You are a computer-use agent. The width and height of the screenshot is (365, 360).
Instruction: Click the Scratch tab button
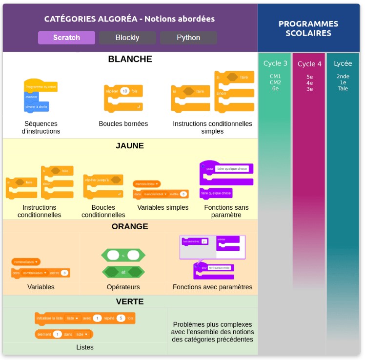coord(66,38)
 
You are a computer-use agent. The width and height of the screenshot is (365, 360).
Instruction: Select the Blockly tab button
coord(127,38)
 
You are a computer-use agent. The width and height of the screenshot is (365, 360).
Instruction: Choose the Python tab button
coord(188,38)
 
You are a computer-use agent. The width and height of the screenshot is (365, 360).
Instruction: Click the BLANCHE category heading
coord(130,59)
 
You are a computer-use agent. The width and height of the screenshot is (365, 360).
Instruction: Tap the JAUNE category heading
coord(130,145)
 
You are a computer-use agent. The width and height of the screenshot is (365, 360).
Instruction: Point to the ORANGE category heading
coord(130,226)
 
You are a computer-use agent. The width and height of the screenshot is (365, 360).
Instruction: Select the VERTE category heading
coord(130,301)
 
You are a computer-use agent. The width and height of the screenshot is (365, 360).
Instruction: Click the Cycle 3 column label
coord(275,63)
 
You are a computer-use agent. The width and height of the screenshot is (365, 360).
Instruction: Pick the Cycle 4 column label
coord(309,64)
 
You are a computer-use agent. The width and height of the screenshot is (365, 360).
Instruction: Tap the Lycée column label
coord(343,63)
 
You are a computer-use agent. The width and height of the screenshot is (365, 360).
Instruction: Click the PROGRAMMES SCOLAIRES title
coord(308,28)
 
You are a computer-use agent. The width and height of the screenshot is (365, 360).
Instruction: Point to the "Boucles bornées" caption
coord(123,124)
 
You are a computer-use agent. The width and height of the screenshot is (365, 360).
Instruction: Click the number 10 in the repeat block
coord(125,91)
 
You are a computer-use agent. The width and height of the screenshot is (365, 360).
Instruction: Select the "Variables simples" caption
coord(162,207)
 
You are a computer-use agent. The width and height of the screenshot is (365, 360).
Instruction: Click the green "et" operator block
coord(123,272)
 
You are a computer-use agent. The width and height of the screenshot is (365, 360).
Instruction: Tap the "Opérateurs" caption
coord(123,287)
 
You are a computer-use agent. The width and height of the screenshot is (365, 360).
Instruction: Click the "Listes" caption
coord(85,347)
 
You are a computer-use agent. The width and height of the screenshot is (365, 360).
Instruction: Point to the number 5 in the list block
coord(121,318)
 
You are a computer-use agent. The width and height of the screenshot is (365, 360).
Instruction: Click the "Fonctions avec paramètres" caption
coord(212,287)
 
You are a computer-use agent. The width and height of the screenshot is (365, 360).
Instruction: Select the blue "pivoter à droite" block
coord(37,106)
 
